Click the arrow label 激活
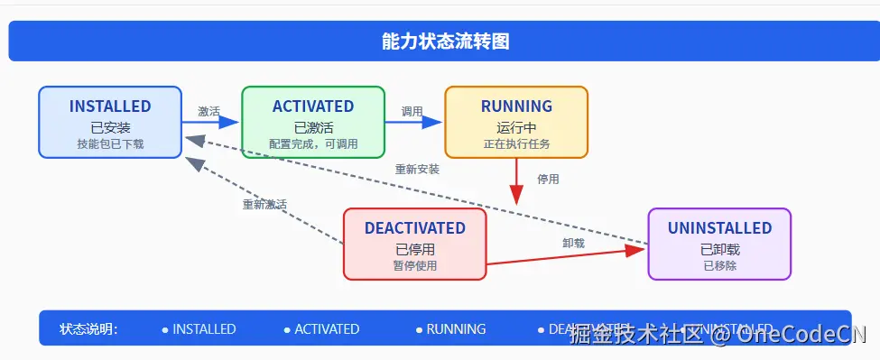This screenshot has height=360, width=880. [209, 112]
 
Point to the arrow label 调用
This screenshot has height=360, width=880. [412, 112]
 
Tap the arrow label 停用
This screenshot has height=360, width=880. [548, 180]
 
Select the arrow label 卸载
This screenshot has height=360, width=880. [574, 244]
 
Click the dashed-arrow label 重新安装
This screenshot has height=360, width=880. [417, 170]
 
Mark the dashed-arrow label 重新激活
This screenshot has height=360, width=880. [264, 205]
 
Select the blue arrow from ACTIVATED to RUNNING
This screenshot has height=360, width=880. [415, 122]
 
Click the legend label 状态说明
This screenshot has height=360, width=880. [88, 329]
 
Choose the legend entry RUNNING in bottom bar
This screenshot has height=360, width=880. [456, 329]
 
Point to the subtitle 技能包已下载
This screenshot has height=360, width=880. [110, 144]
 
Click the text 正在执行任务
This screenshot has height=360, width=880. [516, 144]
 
